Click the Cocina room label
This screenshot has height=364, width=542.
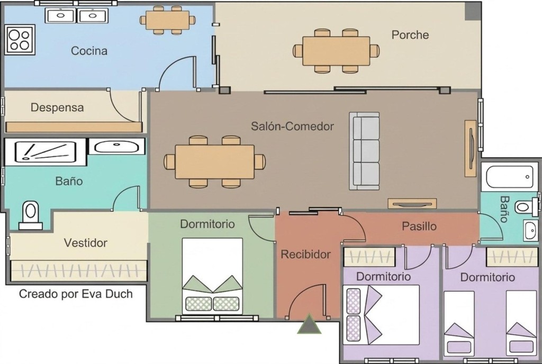pyautogui.click(x=89, y=51)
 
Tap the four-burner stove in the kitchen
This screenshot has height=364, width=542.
pyautogui.click(x=20, y=39)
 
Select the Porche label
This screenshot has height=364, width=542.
pyautogui.click(x=410, y=34)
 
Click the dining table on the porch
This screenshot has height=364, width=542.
pyautogui.click(x=336, y=51)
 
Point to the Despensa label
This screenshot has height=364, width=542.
pyautogui.click(x=57, y=107)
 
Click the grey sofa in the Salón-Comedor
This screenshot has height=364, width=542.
pyautogui.click(x=364, y=151)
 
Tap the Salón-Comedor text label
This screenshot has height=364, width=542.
pyautogui.click(x=292, y=126)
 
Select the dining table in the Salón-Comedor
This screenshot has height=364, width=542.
pyautogui.click(x=215, y=161)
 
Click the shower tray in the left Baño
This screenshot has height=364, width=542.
pyautogui.click(x=45, y=151)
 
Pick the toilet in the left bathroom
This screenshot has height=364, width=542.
pyautogui.click(x=30, y=215)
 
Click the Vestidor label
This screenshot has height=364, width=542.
pyautogui.click(x=86, y=243)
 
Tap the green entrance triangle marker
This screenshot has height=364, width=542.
pyautogui.click(x=309, y=324)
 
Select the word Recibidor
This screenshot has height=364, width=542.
pyautogui.click(x=305, y=254)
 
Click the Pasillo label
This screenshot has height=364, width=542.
pyautogui.click(x=419, y=226)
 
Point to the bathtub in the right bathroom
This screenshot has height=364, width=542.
pyautogui.click(x=510, y=177)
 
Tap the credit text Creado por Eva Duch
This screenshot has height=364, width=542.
pyautogui.click(x=76, y=294)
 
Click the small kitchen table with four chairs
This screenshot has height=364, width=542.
pyautogui.click(x=167, y=21)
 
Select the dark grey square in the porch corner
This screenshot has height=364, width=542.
pyautogui.click(x=472, y=12)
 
